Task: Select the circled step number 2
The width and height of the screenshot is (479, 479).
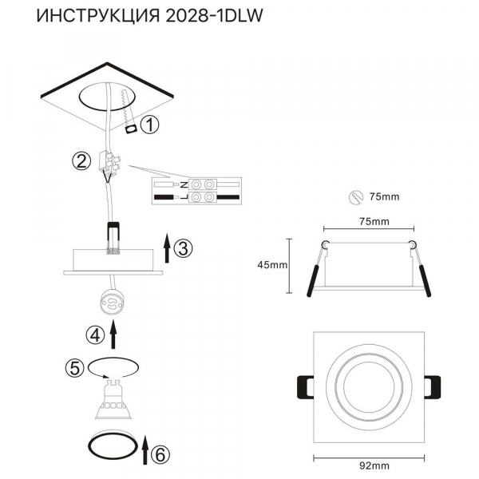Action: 81,161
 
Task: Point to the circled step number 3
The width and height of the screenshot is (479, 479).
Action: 183,248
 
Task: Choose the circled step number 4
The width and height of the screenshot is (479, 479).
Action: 94,335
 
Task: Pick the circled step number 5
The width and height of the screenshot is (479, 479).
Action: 75,368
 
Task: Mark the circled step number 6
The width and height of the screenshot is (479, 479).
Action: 160,455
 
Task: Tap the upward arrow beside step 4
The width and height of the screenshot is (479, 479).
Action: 113,335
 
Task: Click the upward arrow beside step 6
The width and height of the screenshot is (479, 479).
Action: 144,450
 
